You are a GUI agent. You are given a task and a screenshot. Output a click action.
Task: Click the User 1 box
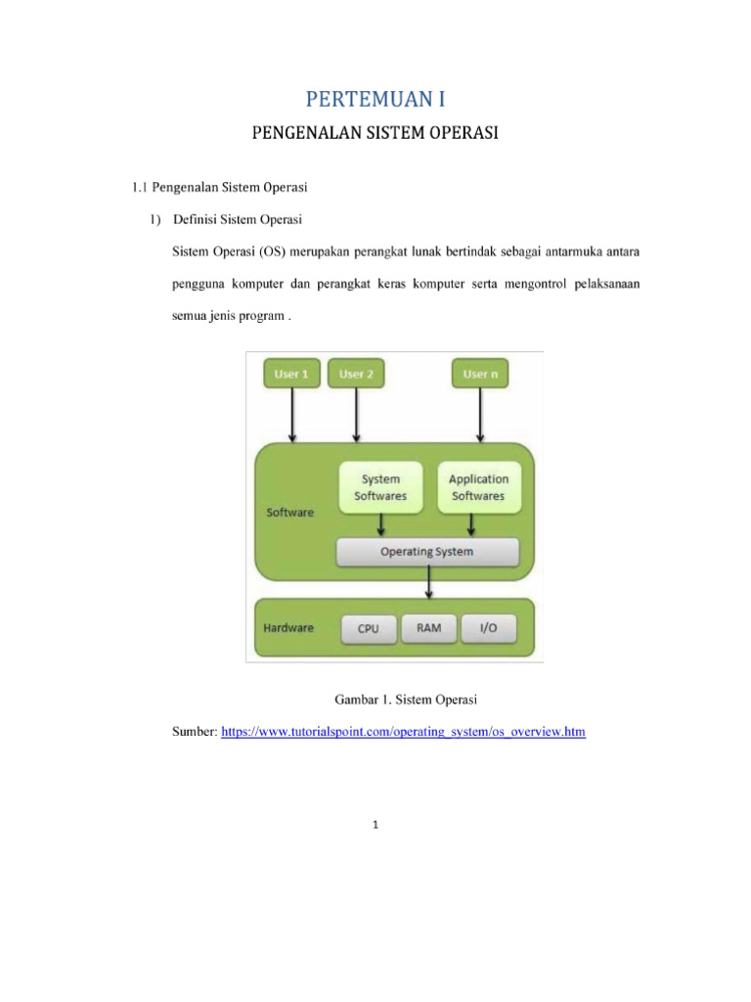(291, 374)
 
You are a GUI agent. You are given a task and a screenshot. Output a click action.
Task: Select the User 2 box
(356, 374)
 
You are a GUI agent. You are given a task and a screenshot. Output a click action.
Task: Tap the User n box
(480, 374)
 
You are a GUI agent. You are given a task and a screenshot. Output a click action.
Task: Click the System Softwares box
(380, 487)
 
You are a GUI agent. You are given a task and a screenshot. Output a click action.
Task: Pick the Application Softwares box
(479, 487)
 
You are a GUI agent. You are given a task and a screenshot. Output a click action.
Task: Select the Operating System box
(427, 552)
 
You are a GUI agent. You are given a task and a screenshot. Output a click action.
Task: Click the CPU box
(369, 629)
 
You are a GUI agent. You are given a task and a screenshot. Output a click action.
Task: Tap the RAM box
(429, 629)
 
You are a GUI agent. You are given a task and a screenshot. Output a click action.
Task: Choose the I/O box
(489, 629)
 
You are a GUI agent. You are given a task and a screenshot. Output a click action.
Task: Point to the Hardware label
(288, 628)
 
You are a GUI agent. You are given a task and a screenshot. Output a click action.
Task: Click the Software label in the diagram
(289, 513)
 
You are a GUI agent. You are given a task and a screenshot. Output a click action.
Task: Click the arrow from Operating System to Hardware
(429, 583)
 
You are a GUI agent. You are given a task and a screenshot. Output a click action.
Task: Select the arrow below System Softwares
(381, 525)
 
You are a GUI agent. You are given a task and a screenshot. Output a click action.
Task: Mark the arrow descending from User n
(480, 415)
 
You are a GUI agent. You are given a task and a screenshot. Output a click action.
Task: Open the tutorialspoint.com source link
(403, 732)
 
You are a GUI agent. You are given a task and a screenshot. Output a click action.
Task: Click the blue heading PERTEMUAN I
(375, 99)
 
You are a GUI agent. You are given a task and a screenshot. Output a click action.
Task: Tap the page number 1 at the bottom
(375, 825)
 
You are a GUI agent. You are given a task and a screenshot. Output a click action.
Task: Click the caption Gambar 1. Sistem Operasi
(406, 700)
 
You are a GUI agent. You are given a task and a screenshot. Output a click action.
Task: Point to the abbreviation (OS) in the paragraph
(272, 251)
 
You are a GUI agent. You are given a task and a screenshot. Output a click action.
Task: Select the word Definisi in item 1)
(195, 219)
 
